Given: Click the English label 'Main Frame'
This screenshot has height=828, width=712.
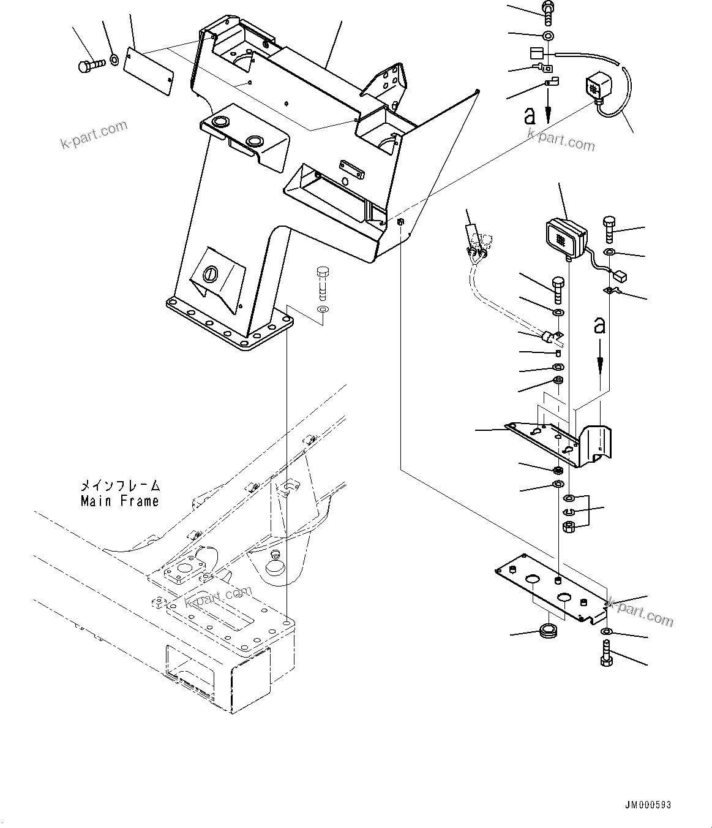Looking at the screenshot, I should coord(120,501).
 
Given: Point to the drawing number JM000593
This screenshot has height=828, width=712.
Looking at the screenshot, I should coord(652,805).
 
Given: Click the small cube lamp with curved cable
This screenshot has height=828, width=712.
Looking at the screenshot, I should coord(597,87).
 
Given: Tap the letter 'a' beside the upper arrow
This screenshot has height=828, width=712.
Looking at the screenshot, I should coord(531,115).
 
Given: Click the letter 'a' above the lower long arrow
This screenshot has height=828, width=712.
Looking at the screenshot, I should coord(599,325).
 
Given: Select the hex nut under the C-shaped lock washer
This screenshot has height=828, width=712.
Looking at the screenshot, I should coord(569,526).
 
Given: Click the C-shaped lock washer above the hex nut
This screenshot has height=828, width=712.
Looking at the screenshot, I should coord(569,512).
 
